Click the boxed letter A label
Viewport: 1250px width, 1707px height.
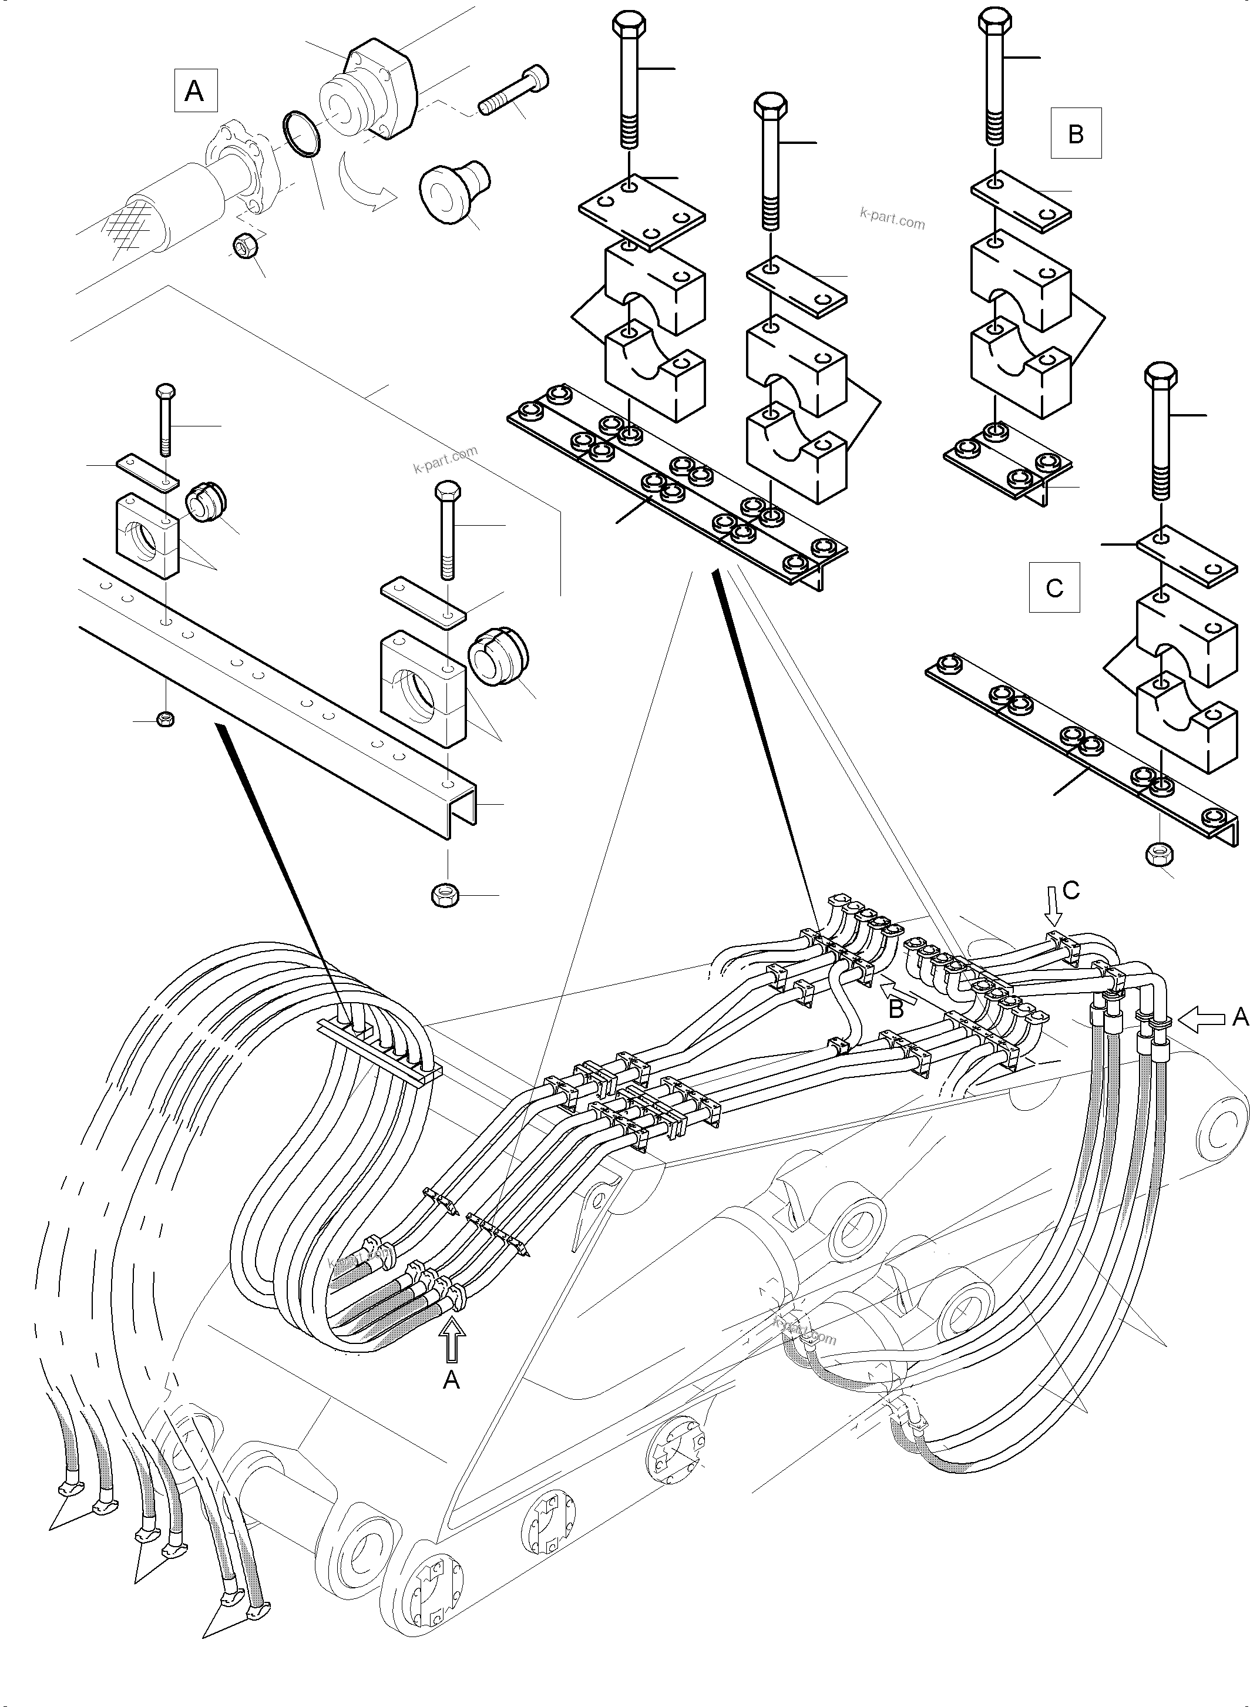pos(195,91)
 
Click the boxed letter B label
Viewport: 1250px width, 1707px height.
pos(1075,133)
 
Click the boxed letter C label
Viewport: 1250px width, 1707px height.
pos(1054,587)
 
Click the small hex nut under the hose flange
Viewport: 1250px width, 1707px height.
pos(247,245)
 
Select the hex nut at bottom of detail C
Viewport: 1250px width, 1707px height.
pos(1159,853)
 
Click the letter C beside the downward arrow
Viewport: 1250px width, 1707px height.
pos(1071,891)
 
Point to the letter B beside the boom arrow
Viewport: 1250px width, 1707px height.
pos(896,1009)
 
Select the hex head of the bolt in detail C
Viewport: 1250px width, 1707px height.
pos(1161,376)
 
